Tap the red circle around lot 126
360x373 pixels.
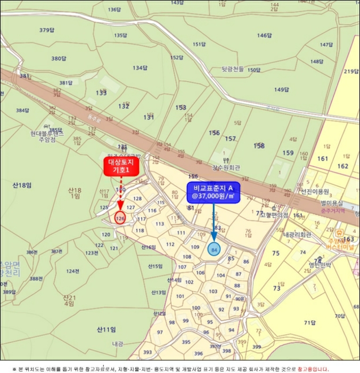(120, 217)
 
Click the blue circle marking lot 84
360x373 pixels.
(214, 249)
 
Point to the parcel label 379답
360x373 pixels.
(47, 30)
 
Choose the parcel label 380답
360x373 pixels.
(59, 58)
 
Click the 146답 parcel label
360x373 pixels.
(265, 36)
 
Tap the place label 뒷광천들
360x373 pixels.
(233, 69)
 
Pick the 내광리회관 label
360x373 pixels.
(297, 234)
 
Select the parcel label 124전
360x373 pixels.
(72, 271)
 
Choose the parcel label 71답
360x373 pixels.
(309, 322)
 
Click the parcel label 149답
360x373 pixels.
(281, 90)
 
